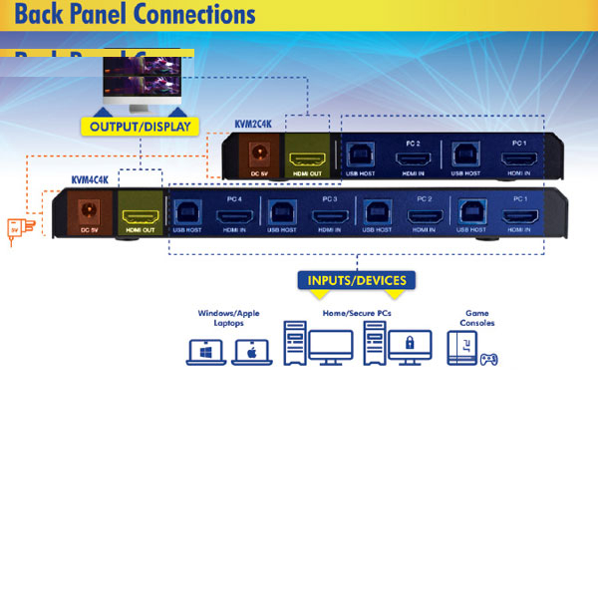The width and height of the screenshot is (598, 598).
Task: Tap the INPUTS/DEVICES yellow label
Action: [x=357, y=280]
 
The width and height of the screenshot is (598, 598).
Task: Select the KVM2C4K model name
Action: [x=253, y=124]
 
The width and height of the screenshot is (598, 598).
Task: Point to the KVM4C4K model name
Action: [x=91, y=180]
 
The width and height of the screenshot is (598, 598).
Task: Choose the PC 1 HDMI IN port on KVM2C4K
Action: [x=519, y=154]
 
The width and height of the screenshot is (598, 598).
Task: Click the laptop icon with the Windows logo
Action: [x=207, y=352]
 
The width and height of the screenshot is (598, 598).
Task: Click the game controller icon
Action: [x=488, y=358]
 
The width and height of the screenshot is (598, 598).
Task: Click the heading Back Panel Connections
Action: [x=136, y=15]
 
